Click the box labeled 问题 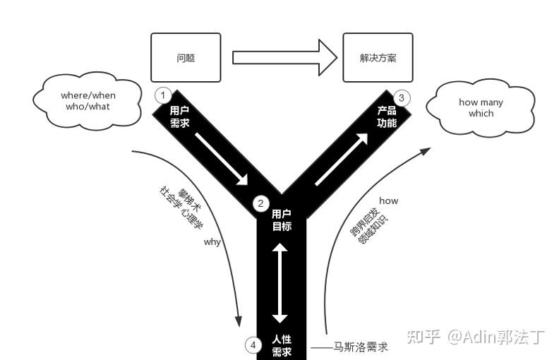[x=186, y=57]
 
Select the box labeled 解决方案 [x=378, y=57]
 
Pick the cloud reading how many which [x=481, y=107]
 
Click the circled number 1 [x=163, y=95]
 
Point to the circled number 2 [x=260, y=204]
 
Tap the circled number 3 [x=402, y=97]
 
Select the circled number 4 [x=252, y=345]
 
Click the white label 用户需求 [x=180, y=117]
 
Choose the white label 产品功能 [x=386, y=116]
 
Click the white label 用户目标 [x=282, y=220]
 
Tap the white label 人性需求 [x=282, y=346]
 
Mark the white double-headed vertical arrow [x=280, y=282]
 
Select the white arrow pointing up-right [x=341, y=159]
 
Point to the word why [x=212, y=242]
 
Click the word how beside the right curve [x=388, y=200]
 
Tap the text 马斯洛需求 [x=360, y=347]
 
